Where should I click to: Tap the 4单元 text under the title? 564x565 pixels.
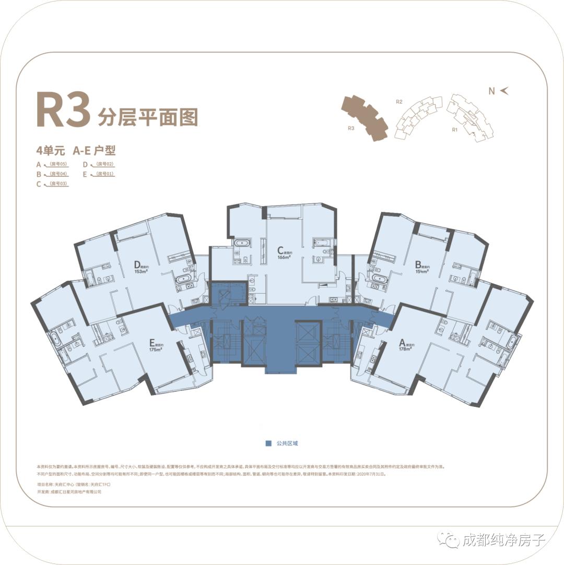pos(50,151)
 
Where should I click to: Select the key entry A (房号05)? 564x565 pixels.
pos(53,164)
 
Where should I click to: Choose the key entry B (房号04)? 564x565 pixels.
pos(53,174)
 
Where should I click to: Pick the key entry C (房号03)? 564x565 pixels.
pos(53,184)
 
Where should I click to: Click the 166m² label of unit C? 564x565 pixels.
pos(284,257)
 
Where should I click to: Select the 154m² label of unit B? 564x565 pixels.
pos(422,271)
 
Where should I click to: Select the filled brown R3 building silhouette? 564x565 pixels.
pos(365,117)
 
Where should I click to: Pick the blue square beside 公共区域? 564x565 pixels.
pos(268,443)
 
